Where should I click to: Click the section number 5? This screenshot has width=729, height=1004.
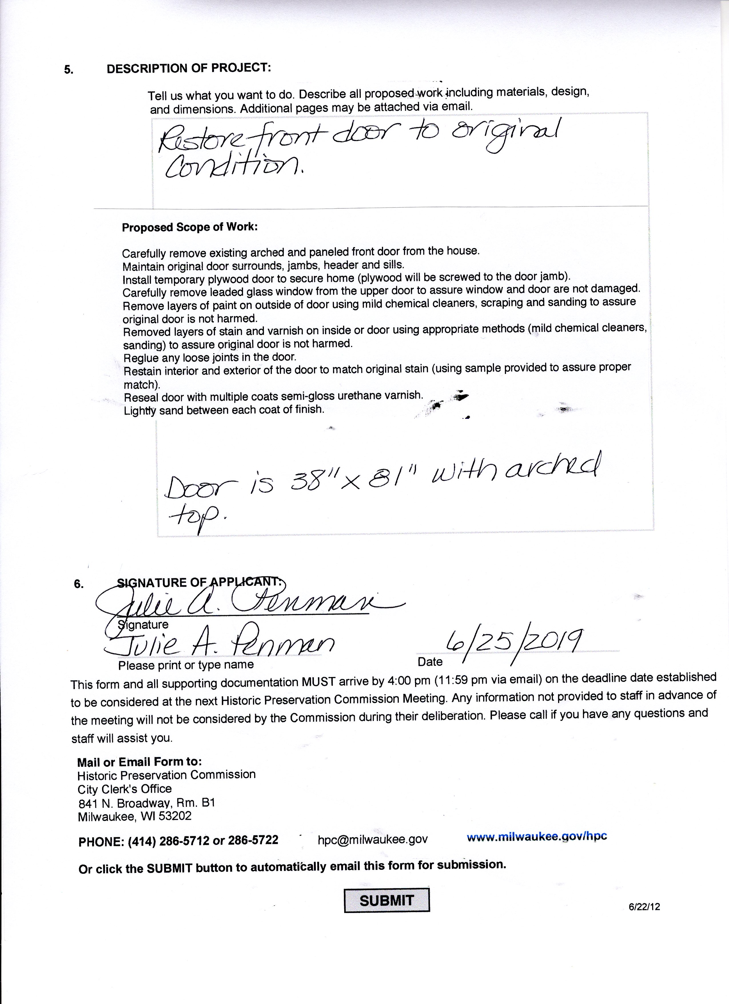[69, 70]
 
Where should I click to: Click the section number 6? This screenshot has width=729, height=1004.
[78, 584]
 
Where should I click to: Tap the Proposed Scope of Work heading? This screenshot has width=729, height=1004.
[189, 227]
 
